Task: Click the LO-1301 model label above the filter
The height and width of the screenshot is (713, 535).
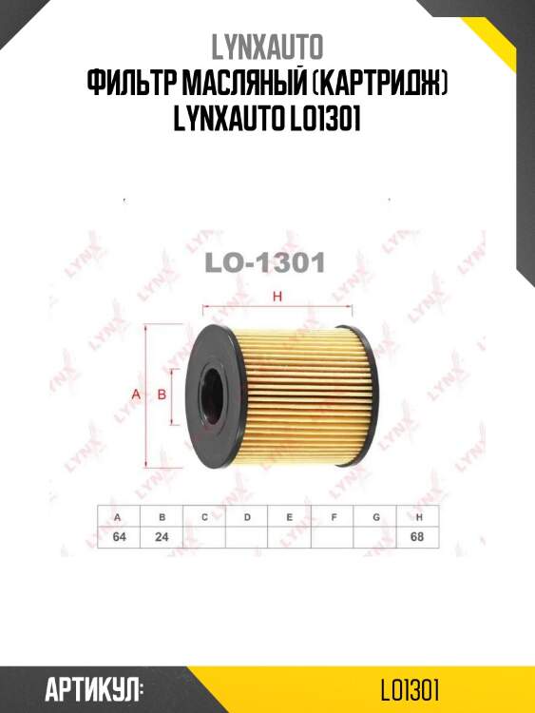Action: (x=267, y=262)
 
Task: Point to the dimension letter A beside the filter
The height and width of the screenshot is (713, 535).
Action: (x=136, y=394)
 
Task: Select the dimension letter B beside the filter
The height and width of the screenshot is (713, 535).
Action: (x=162, y=394)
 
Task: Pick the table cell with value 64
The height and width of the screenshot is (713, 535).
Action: (x=119, y=535)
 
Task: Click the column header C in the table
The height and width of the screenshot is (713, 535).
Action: (x=204, y=516)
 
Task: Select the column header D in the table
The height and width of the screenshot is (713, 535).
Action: (x=247, y=516)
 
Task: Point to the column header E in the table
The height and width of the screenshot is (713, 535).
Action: (x=290, y=516)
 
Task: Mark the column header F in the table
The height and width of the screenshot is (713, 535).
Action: (x=334, y=516)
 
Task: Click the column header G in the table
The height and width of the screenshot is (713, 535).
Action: (x=376, y=516)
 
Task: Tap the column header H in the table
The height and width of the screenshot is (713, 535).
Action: (x=419, y=516)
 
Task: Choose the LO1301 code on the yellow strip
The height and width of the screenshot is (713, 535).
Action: (x=410, y=686)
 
